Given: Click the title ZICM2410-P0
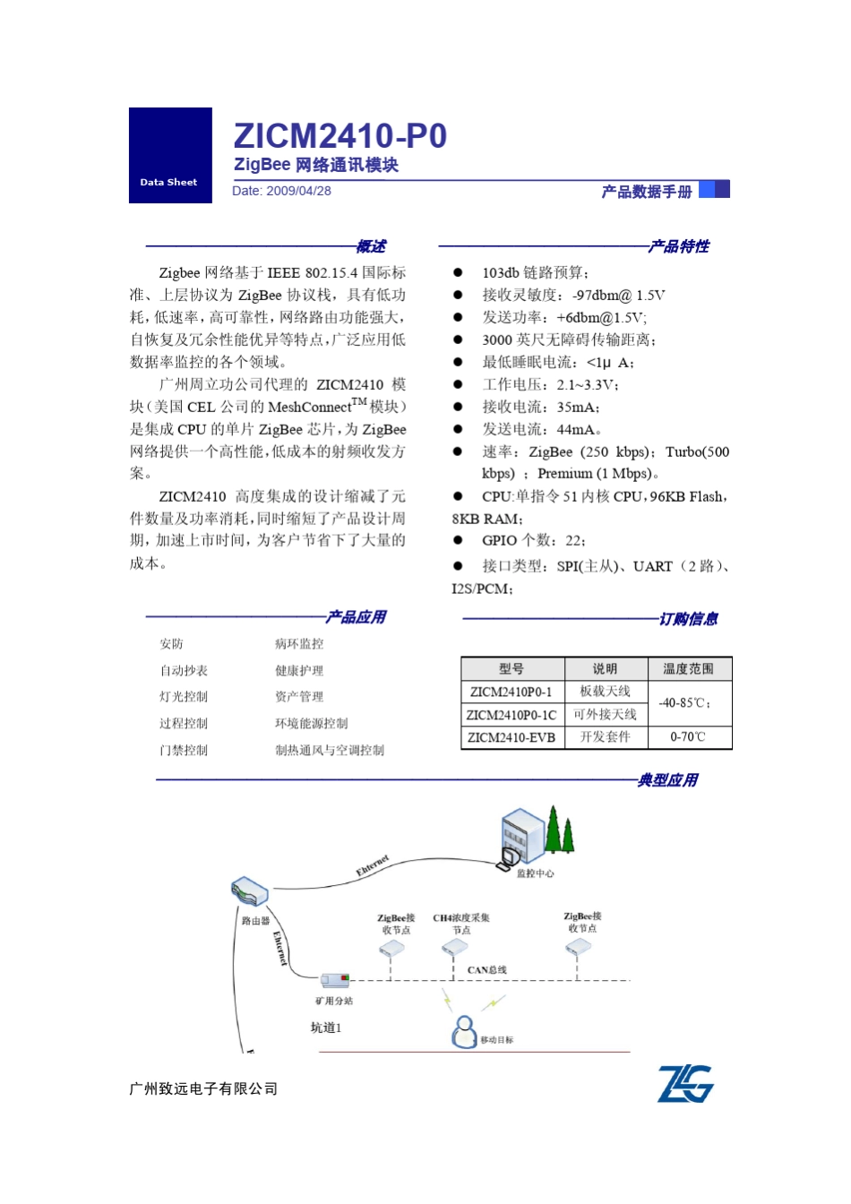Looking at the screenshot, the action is coord(340,136).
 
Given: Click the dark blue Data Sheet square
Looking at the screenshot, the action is coord(170,155).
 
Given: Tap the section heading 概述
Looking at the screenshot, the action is coord(371,246).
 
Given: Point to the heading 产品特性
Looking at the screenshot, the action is coord(679,246).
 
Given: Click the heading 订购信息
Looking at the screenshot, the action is coord(688,619).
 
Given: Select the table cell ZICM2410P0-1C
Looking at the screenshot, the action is coord(511,715).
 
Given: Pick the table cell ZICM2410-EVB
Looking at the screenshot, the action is coord(511,737).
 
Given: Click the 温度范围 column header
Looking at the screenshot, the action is coord(688,669).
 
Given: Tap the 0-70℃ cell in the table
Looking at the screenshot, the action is coord(688,737).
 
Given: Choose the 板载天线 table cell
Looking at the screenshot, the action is coord(605,692).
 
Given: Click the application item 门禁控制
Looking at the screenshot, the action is coord(184,751).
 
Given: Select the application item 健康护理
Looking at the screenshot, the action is coord(299,671).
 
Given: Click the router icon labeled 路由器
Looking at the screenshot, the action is coord(249,892).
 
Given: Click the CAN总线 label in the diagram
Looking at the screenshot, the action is coord(486,970).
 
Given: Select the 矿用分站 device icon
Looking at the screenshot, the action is coord(335,980).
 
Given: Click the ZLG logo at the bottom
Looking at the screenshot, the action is coord(685,1084).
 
